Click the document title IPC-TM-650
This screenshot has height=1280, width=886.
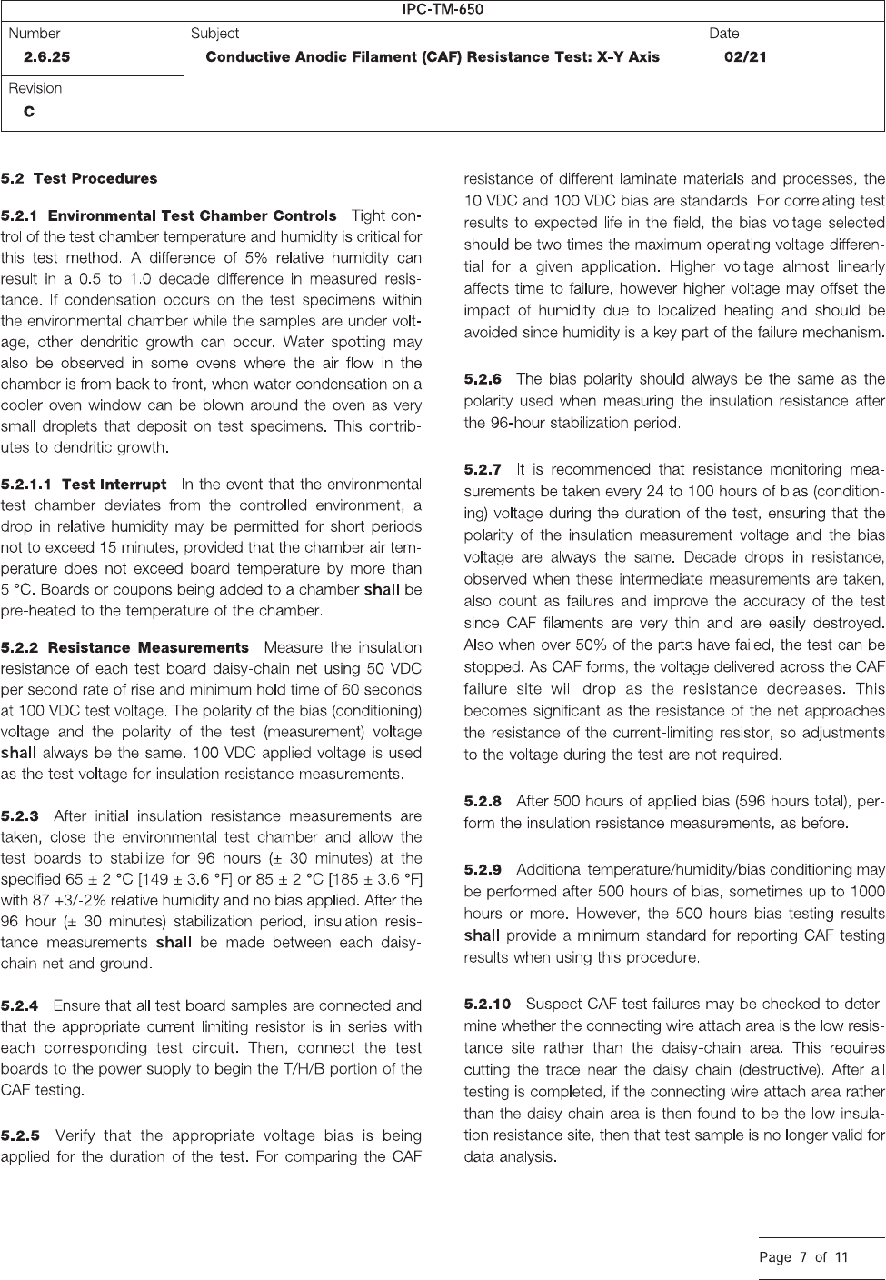tap(443, 10)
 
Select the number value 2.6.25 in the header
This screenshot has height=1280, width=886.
tap(46, 56)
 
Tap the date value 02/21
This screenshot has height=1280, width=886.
tap(745, 56)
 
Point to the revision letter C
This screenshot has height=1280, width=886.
tap(29, 112)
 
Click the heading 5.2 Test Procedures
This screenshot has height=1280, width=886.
tap(79, 178)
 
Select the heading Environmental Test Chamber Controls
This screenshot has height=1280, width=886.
tap(192, 216)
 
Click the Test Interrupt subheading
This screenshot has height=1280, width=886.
tap(114, 484)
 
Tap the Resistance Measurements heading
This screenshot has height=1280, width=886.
tap(148, 647)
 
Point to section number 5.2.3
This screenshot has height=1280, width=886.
tap(20, 815)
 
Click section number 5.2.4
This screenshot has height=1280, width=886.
tap(20, 1005)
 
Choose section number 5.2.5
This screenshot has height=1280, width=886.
tap(20, 1135)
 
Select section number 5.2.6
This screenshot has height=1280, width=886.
tap(483, 378)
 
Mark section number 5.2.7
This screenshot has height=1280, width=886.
tap(483, 469)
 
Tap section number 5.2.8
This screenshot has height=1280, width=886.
tap(483, 801)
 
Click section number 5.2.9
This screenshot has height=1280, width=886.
tap(483, 870)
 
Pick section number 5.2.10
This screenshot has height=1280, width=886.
tap(487, 1004)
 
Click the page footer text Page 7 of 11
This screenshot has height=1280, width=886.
tap(803, 1258)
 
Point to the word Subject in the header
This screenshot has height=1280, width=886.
tap(214, 34)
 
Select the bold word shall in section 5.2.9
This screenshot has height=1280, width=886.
tap(482, 935)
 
